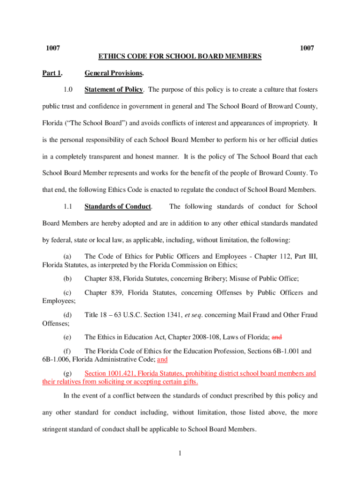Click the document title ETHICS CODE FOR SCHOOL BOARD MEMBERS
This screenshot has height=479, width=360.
click(180, 57)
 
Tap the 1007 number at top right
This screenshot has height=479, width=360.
click(307, 48)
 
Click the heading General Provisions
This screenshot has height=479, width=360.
click(114, 73)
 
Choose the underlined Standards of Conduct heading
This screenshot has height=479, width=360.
click(117, 206)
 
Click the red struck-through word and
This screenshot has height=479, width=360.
click(277, 337)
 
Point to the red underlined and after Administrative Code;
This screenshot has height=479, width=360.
click(162, 360)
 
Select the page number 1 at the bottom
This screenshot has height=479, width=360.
click(180, 453)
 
